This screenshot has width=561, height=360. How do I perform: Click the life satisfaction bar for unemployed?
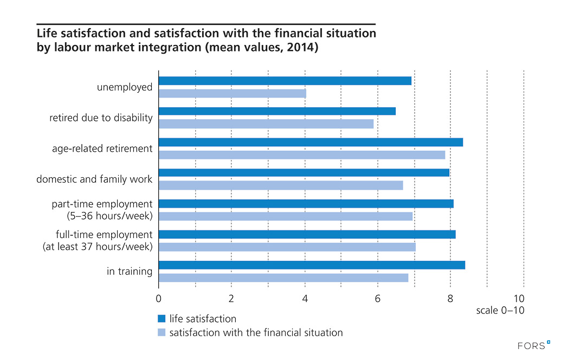point(285,81)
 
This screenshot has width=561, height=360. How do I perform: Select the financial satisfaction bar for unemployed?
point(232,93)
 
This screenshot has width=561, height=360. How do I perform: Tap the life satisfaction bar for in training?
point(312,265)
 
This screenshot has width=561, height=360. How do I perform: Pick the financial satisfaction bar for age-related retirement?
point(301,155)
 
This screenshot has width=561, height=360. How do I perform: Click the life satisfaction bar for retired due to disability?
point(277,111)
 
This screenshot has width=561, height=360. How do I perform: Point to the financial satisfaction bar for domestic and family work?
point(281,185)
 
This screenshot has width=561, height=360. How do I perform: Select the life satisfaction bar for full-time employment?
point(307,234)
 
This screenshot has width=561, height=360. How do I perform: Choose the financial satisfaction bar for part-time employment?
point(286,216)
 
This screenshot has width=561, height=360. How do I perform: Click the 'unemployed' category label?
point(125,87)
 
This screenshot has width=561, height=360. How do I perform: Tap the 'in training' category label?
point(130,271)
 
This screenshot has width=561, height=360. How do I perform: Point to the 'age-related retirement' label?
point(102,149)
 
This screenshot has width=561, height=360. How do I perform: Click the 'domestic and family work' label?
point(94,179)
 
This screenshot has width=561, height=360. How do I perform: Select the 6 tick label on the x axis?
point(377,299)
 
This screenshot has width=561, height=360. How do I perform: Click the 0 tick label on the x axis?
point(158,299)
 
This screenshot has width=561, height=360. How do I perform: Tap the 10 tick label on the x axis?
point(519,299)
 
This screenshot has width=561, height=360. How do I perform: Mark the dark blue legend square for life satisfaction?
point(162,319)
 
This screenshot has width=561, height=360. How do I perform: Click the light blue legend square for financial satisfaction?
point(162,332)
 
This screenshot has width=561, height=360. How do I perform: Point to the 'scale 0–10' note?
point(500,311)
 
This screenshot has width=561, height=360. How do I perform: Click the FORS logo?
point(534,344)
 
